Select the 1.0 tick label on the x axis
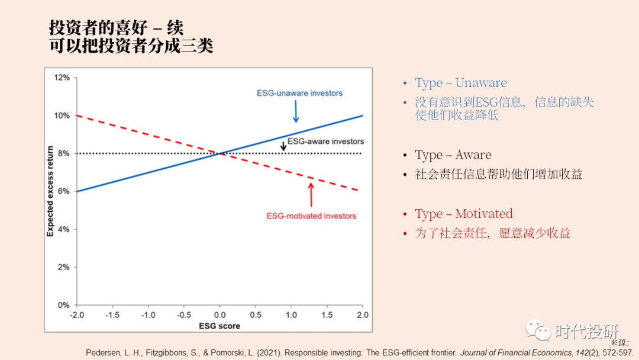(x=291, y=315)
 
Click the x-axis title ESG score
(x=219, y=326)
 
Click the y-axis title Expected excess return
(x=50, y=191)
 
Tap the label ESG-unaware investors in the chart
(x=299, y=93)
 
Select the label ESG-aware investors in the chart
(x=325, y=142)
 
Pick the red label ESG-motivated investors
(x=311, y=216)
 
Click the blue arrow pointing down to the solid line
(x=296, y=111)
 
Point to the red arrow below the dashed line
(x=311, y=195)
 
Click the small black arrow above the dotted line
(x=283, y=146)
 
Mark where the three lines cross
(x=220, y=153)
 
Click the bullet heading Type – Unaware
(x=461, y=83)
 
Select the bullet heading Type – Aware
(x=453, y=155)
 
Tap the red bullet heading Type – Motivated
(x=464, y=214)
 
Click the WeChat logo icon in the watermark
(x=538, y=330)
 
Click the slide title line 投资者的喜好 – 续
(x=116, y=28)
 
